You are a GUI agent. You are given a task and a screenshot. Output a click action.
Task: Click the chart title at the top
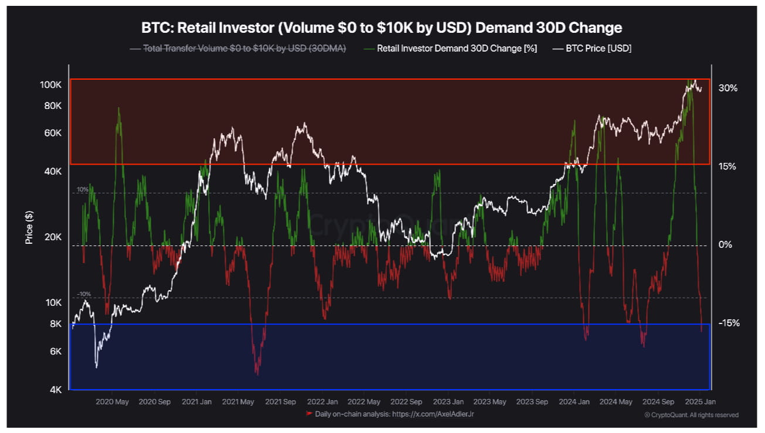(382, 28)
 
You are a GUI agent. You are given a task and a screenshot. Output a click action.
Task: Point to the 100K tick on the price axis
(51, 85)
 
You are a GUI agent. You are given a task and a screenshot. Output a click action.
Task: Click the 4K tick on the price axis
(55, 390)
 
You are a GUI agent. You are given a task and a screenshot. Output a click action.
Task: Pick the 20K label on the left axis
(53, 237)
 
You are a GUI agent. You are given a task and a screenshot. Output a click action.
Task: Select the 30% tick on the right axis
(727, 88)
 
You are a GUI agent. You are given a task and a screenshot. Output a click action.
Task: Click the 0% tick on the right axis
(725, 244)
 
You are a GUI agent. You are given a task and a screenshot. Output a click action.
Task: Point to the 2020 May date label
(112, 402)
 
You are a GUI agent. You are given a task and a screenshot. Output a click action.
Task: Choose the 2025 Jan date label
(700, 402)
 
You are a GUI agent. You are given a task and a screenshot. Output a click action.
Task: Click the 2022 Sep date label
(406, 402)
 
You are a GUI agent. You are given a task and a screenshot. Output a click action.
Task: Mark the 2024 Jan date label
(574, 402)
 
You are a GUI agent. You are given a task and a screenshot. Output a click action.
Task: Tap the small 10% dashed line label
(83, 190)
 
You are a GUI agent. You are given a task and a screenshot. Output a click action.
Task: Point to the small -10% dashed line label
(84, 294)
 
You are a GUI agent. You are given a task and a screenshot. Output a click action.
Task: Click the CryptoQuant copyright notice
(692, 415)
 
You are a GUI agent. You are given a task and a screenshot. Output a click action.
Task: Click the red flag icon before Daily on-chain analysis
(309, 414)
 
